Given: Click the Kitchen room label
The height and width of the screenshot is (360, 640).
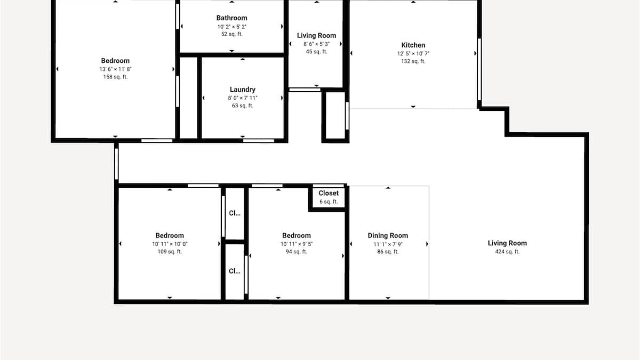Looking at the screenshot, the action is [x=413, y=45].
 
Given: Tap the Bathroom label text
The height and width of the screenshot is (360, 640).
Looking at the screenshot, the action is [x=231, y=18].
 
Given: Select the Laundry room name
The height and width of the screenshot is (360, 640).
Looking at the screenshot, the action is [x=243, y=90].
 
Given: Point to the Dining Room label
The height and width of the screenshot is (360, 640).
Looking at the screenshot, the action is [x=388, y=236].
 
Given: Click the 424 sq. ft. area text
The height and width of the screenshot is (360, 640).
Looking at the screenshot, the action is [x=507, y=252].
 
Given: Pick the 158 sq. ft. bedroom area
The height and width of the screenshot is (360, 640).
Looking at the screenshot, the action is [x=115, y=77].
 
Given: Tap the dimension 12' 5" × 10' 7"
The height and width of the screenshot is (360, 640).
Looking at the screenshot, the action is [x=413, y=54].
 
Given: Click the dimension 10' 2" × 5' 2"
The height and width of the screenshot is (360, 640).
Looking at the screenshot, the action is [x=231, y=27].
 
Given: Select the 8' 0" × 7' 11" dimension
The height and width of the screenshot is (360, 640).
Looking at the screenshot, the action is [x=243, y=98].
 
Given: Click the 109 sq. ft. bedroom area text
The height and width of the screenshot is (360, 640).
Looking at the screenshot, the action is [x=170, y=252].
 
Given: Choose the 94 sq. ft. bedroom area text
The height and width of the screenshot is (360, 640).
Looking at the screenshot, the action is [x=297, y=252].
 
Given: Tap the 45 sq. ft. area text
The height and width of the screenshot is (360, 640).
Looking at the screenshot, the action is [x=317, y=52].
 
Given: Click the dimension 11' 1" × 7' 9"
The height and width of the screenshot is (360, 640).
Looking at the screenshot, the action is [x=388, y=244].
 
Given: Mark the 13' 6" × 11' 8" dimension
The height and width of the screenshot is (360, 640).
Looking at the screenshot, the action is [x=115, y=69].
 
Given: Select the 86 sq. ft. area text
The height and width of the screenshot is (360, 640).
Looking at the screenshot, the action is [x=388, y=252].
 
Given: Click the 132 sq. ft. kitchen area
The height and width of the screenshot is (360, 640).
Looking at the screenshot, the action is [x=413, y=61].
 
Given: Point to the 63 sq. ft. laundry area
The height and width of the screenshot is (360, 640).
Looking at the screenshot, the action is [x=243, y=106].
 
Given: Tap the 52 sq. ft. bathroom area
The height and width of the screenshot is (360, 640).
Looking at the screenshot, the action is [x=231, y=34].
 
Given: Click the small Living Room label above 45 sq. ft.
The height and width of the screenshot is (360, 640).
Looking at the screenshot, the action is [x=317, y=36].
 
